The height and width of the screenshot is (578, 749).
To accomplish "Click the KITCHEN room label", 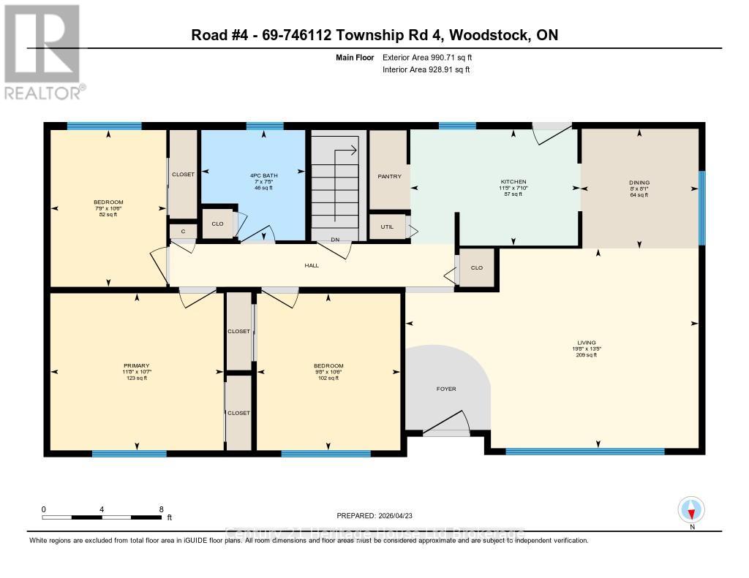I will tap(513, 182).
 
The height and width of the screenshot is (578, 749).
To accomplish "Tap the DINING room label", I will tap(639, 183).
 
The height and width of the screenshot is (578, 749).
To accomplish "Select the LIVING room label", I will tap(586, 342).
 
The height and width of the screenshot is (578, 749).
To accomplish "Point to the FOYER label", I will tap(446, 389).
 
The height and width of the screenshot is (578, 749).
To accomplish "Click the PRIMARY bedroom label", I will tap(136, 365).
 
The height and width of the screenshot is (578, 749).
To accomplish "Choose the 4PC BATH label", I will tap(252, 175).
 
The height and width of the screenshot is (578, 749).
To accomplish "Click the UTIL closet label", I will tap(387, 227).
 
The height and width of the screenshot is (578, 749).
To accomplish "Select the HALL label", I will tap(312, 265).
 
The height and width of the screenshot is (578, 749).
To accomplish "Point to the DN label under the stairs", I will tap(335, 239).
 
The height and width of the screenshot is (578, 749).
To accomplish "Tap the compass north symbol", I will tap(691, 509).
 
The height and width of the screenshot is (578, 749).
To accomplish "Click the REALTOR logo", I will tap(42, 51).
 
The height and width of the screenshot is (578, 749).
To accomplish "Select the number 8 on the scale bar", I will tap(160, 509).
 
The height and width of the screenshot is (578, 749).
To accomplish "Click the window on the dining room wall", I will tap(701, 208).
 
